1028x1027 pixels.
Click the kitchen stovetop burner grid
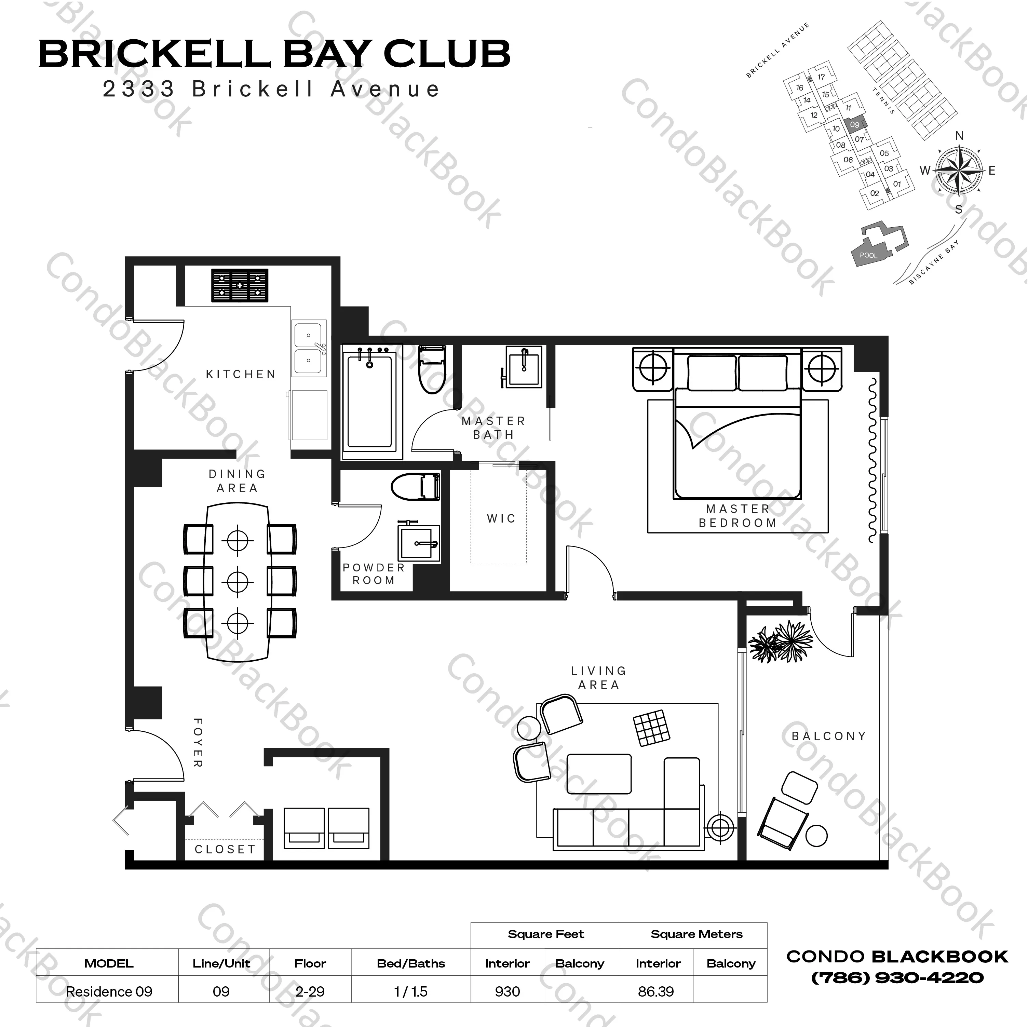[x=240, y=285]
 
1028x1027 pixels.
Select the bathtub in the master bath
[x=369, y=402]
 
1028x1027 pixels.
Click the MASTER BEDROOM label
[x=738, y=516]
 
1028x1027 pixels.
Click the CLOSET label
[x=225, y=849]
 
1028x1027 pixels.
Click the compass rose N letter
[x=959, y=136]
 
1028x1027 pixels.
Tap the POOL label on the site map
[x=868, y=255]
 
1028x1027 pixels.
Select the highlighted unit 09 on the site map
[x=854, y=124]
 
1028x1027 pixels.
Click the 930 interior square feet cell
[x=507, y=991]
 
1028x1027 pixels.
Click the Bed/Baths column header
[x=411, y=963]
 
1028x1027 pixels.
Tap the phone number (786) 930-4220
[x=897, y=977]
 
